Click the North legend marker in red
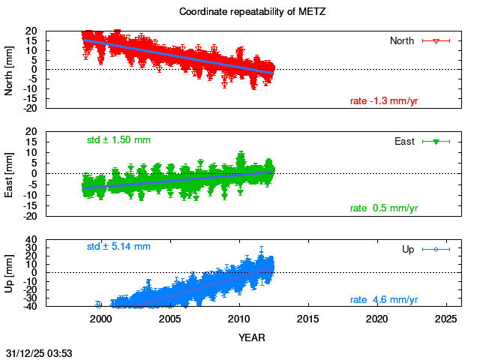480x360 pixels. pyautogui.click(x=436, y=40)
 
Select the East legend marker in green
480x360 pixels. pyautogui.click(x=436, y=141)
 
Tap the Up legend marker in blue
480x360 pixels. pyautogui.click(x=436, y=249)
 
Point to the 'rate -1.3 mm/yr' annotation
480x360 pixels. pyautogui.click(x=384, y=100)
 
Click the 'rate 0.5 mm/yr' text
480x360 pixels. pyautogui.click(x=384, y=208)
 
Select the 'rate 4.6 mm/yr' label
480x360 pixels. pyautogui.click(x=384, y=300)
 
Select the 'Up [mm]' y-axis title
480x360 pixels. pyautogui.click(x=10, y=274)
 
